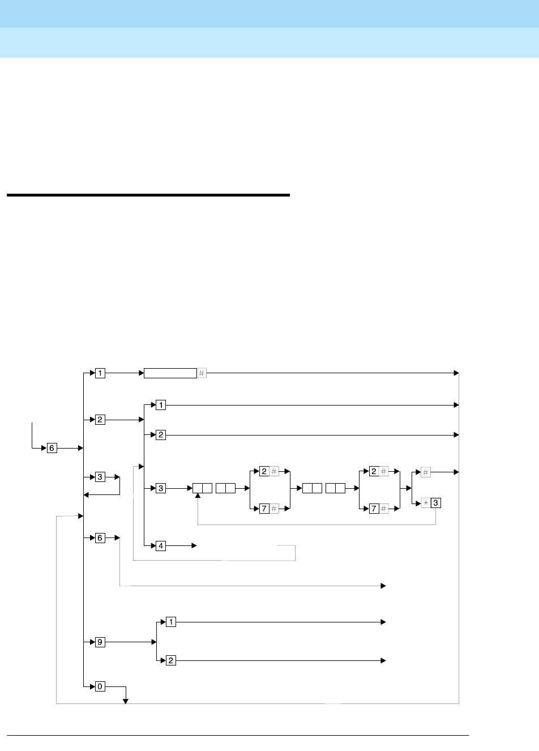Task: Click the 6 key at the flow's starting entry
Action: (x=52, y=448)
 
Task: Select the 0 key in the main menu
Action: (x=100, y=687)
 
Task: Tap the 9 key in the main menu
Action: (x=100, y=642)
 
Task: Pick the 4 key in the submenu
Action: (x=161, y=546)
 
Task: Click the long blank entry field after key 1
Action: (x=170, y=373)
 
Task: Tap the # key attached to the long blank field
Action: (x=202, y=373)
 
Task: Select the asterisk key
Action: (x=426, y=503)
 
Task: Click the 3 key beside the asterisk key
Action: (x=436, y=503)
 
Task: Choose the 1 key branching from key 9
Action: (x=171, y=622)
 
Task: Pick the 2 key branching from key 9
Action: (x=171, y=661)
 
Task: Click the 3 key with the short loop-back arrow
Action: (x=100, y=477)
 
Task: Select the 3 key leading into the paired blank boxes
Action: (x=161, y=488)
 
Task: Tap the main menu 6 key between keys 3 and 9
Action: (x=100, y=537)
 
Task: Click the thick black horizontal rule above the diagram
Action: (x=148, y=195)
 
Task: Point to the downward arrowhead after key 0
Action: (x=126, y=702)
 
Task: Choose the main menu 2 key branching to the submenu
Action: (x=100, y=420)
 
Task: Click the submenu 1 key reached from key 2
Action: (x=161, y=406)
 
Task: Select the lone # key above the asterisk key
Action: (x=426, y=472)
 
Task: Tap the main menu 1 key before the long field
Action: (x=100, y=373)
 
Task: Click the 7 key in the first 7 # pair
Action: (x=264, y=509)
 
